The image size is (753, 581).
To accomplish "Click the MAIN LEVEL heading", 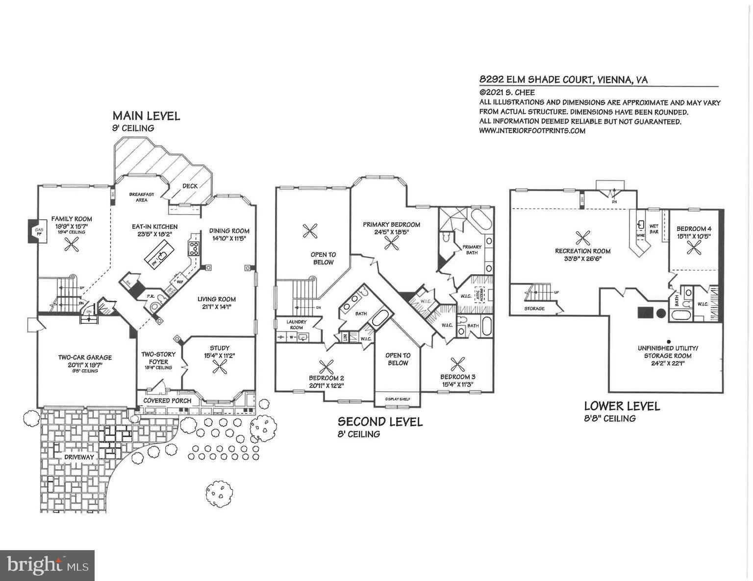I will [146, 116].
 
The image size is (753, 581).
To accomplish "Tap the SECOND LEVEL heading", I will [380, 422].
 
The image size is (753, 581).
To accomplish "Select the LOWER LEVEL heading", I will [622, 406].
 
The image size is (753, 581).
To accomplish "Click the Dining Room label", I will [229, 231].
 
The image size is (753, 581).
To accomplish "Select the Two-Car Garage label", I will [85, 357].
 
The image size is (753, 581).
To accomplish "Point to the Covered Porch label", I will [167, 400].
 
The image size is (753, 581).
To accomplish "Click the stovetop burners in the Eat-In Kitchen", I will [194, 248].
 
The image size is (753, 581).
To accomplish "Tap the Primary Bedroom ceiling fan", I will [391, 242].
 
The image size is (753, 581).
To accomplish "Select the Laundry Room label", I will [297, 324].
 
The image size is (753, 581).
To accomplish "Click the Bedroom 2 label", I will [326, 378].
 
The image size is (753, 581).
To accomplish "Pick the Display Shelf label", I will [397, 399].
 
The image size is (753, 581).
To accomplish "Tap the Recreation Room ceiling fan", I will [583, 238].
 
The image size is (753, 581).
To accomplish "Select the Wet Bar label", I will [654, 229].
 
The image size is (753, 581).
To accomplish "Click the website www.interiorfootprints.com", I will [532, 131].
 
